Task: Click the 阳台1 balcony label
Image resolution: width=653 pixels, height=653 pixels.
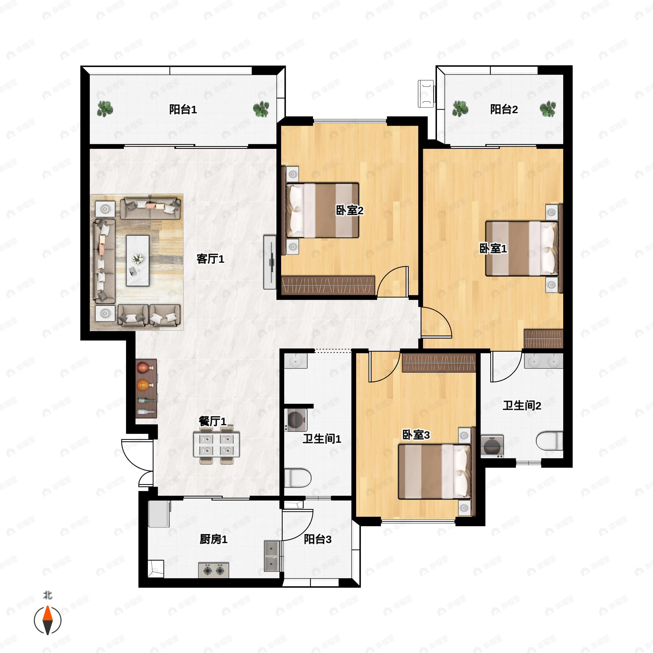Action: click(183, 109)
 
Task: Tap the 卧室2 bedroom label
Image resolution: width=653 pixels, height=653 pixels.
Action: click(349, 210)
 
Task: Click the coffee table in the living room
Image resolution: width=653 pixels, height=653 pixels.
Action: click(138, 261)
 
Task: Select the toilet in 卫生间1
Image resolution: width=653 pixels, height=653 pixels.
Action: click(297, 478)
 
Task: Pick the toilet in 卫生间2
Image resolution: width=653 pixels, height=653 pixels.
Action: click(549, 441)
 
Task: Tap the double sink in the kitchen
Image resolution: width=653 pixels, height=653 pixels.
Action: click(272, 556)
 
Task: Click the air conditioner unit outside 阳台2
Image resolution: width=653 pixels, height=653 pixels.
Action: click(426, 94)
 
